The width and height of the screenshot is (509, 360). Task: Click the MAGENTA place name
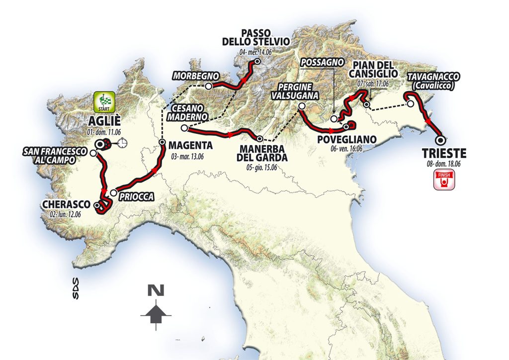190,146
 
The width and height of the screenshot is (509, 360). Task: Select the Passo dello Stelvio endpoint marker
257,62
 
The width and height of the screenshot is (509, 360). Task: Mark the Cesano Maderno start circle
184,128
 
